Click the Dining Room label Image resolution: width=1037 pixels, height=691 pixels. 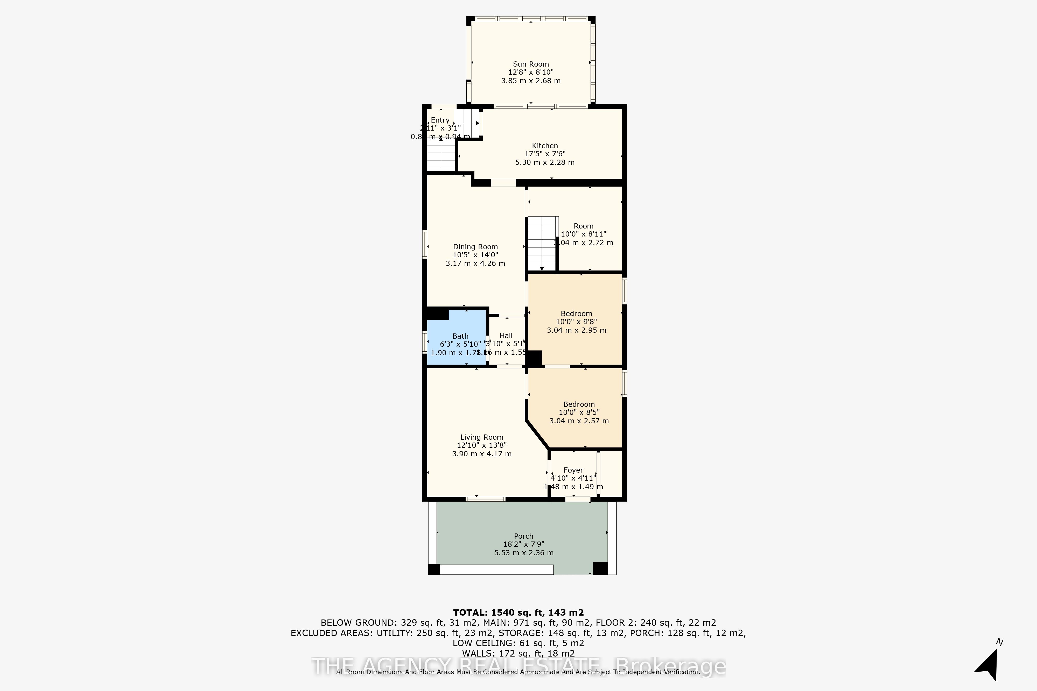click(475, 247)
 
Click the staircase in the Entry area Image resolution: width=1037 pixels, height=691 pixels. click(440, 154)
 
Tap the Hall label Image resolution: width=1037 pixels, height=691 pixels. click(506, 335)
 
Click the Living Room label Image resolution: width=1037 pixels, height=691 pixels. click(481, 437)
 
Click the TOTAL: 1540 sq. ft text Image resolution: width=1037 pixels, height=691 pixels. click(518, 612)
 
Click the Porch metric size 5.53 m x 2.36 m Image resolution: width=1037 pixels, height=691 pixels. click(523, 553)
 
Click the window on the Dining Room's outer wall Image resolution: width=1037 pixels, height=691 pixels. click(425, 244)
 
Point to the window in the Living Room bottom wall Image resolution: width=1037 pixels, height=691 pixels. click(485, 499)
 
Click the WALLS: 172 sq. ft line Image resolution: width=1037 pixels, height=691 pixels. click(518, 653)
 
